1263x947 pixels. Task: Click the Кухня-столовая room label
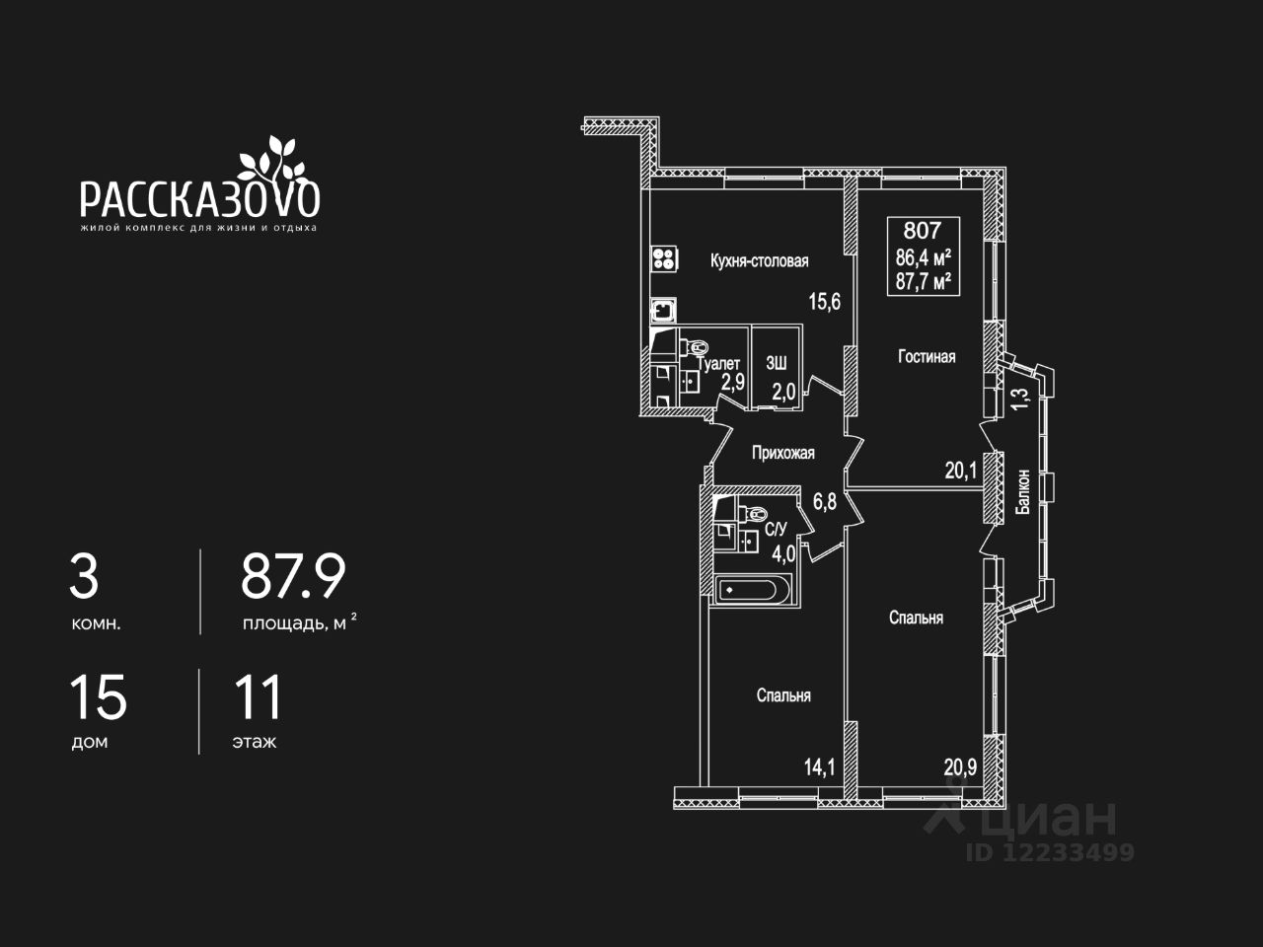tap(759, 261)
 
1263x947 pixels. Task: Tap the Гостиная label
tap(926, 357)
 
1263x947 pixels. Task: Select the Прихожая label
tap(782, 454)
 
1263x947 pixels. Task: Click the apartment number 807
tap(922, 232)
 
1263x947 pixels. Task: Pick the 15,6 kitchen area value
tap(824, 302)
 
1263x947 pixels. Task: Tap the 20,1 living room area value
tap(960, 471)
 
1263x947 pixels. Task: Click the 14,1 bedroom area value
tap(818, 766)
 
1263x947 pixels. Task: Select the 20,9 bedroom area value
tap(960, 766)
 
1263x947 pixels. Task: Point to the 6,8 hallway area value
tap(824, 501)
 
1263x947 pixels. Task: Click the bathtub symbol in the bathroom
tap(749, 591)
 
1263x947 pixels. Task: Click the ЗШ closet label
tap(776, 363)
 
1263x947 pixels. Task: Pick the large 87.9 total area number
tap(293, 578)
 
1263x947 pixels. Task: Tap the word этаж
tap(254, 742)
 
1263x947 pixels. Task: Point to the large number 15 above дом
tap(98, 697)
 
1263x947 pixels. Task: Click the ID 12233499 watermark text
tap(1050, 852)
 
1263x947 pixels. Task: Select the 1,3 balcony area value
tap(1020, 399)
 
